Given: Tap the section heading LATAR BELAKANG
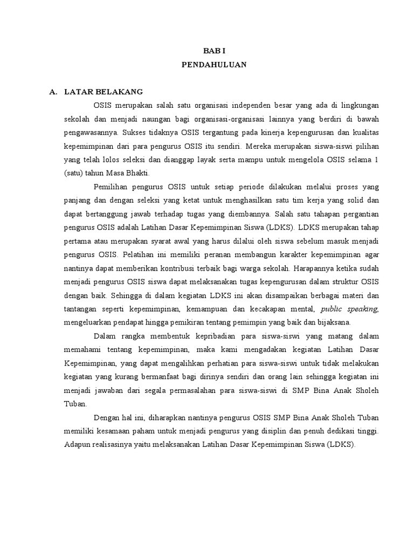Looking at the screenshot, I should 103,92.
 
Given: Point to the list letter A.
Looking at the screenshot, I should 53,92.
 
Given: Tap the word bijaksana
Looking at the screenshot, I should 334,322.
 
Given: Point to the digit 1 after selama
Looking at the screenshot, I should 377,159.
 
